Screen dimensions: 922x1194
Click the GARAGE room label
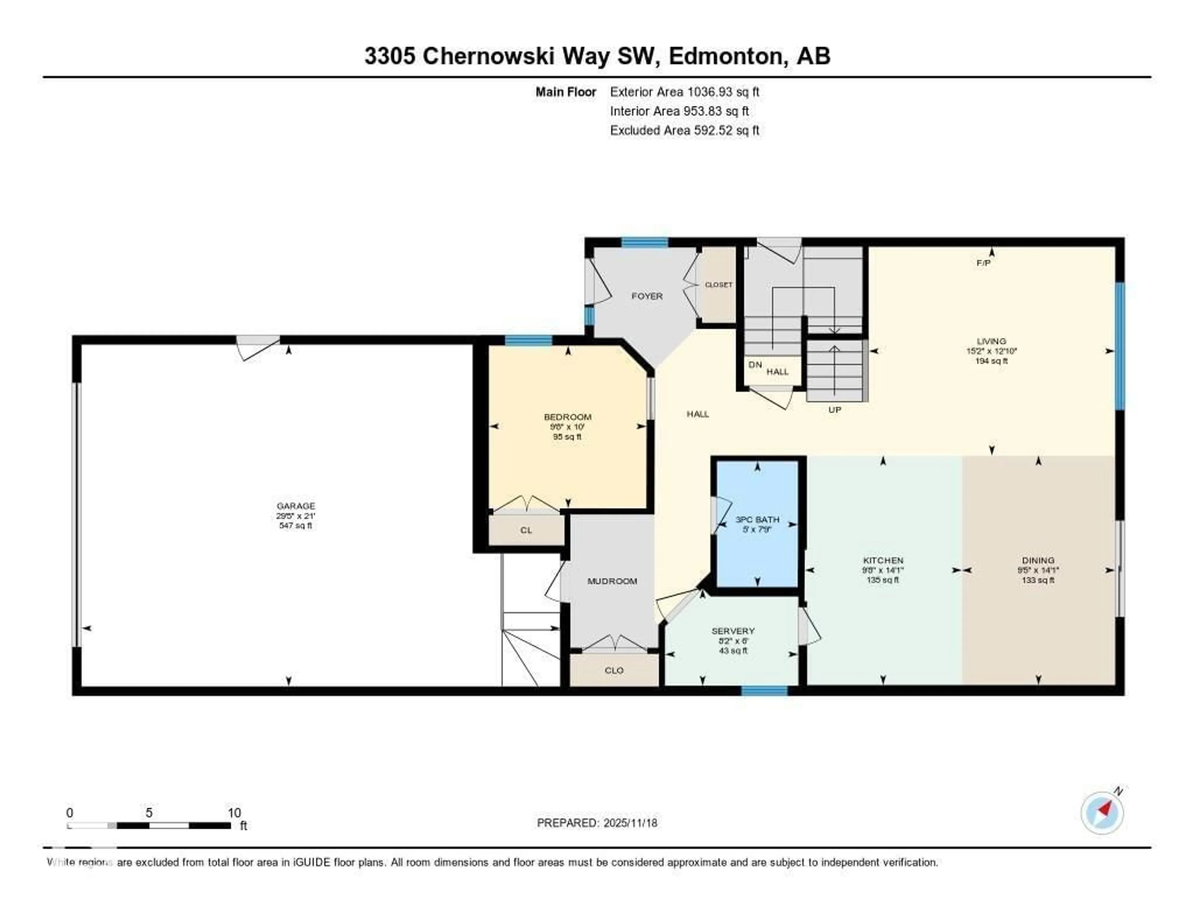296,505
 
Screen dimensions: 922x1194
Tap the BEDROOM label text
567,417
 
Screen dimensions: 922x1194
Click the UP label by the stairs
834,409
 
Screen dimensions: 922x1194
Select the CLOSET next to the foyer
718,285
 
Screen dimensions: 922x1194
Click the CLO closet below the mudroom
614,670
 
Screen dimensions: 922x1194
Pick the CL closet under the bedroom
526,530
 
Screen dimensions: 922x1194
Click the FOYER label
647,296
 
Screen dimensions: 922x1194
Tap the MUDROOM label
612,581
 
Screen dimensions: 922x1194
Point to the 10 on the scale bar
234,813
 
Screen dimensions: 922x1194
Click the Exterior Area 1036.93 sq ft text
684,92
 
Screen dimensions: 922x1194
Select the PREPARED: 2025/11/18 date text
597,823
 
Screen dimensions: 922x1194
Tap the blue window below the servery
764,691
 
